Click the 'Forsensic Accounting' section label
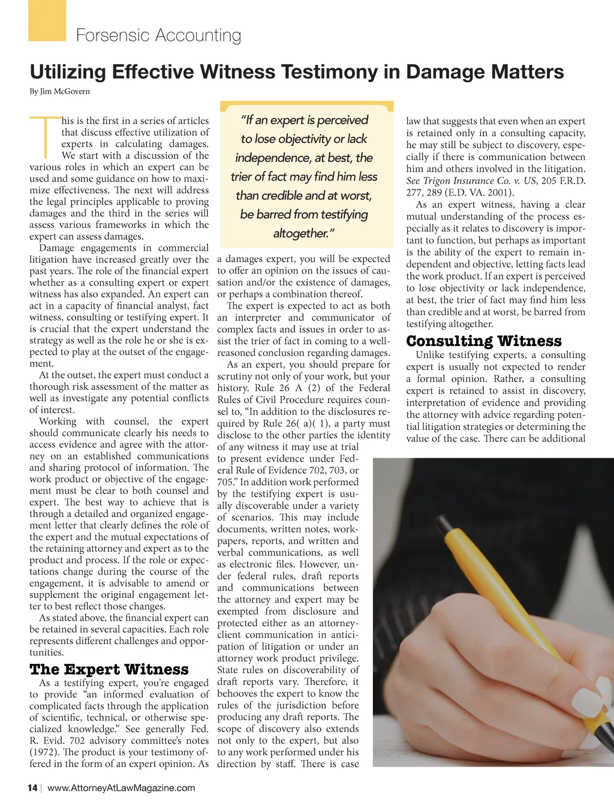158,35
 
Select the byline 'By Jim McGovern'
59,92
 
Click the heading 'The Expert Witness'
109,669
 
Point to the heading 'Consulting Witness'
484,341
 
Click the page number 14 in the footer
32,788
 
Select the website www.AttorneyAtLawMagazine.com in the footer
121,788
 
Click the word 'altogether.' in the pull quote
304,233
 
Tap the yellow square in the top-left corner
47,20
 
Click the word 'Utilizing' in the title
68,72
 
